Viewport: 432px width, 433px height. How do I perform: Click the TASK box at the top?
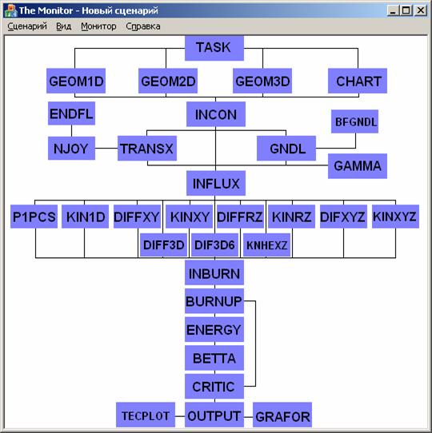coord(214,48)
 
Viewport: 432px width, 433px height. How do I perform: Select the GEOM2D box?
coord(168,81)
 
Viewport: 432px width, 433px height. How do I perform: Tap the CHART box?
coord(358,81)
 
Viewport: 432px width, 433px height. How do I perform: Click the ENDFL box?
coord(71,113)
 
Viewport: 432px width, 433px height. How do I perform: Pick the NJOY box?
coord(71,149)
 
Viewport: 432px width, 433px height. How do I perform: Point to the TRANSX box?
coord(147,149)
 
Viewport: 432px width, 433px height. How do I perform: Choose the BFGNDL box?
coord(355,121)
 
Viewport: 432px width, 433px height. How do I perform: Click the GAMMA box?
coord(358,166)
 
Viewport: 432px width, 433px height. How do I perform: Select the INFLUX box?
coord(216,183)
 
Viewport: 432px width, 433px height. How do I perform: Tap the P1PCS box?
coord(34,216)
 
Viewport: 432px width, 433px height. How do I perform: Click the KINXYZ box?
coord(395,216)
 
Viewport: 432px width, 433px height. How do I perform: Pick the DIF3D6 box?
coord(214,245)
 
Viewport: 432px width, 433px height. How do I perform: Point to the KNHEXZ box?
coord(266,245)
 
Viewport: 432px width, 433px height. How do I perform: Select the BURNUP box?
coord(214,301)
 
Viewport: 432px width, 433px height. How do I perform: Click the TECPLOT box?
coord(146,415)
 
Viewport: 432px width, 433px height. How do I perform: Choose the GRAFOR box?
coord(282,415)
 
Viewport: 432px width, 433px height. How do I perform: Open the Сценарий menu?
coord(27,26)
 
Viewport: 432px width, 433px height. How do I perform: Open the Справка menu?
coord(143,26)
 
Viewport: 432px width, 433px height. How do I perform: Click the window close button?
coord(420,10)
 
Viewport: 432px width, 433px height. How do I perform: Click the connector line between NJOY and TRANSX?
coord(106,149)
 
